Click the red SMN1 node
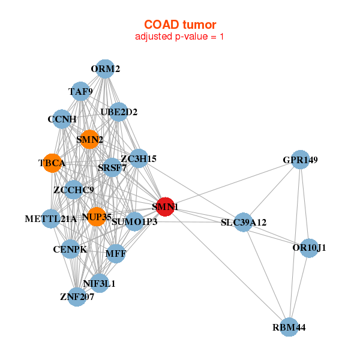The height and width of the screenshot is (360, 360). tap(165, 206)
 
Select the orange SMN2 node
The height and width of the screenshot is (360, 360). tap(89, 140)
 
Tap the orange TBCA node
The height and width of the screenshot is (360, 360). tap(52, 163)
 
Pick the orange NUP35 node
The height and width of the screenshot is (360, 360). tap(97, 216)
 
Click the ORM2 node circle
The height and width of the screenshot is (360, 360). tap(105, 69)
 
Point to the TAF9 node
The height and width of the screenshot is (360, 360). tap(80, 92)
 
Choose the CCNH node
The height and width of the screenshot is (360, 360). tap(62, 119)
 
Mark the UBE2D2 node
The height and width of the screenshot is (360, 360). tap(119, 112)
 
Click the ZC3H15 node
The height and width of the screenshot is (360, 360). tap(139, 158)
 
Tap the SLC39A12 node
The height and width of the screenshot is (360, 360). tap(243, 222)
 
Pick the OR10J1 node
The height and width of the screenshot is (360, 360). tap(309, 248)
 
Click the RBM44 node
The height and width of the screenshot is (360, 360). tap(289, 327)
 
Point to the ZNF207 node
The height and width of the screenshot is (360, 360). tap(77, 296)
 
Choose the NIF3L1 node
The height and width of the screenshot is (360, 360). tap(100, 283)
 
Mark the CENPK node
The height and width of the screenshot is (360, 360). tap(70, 249)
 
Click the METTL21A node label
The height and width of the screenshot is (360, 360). tap(51, 218)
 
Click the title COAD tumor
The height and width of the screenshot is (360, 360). tap(180, 25)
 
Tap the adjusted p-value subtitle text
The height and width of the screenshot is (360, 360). tap(180, 37)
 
